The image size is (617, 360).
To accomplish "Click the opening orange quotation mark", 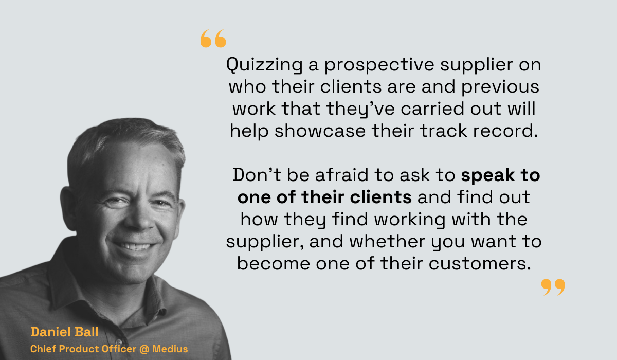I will pyautogui.click(x=213, y=39).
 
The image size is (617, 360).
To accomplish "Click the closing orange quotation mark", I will pyautogui.click(x=553, y=287).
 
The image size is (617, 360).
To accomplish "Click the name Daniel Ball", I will pyautogui.click(x=64, y=332).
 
